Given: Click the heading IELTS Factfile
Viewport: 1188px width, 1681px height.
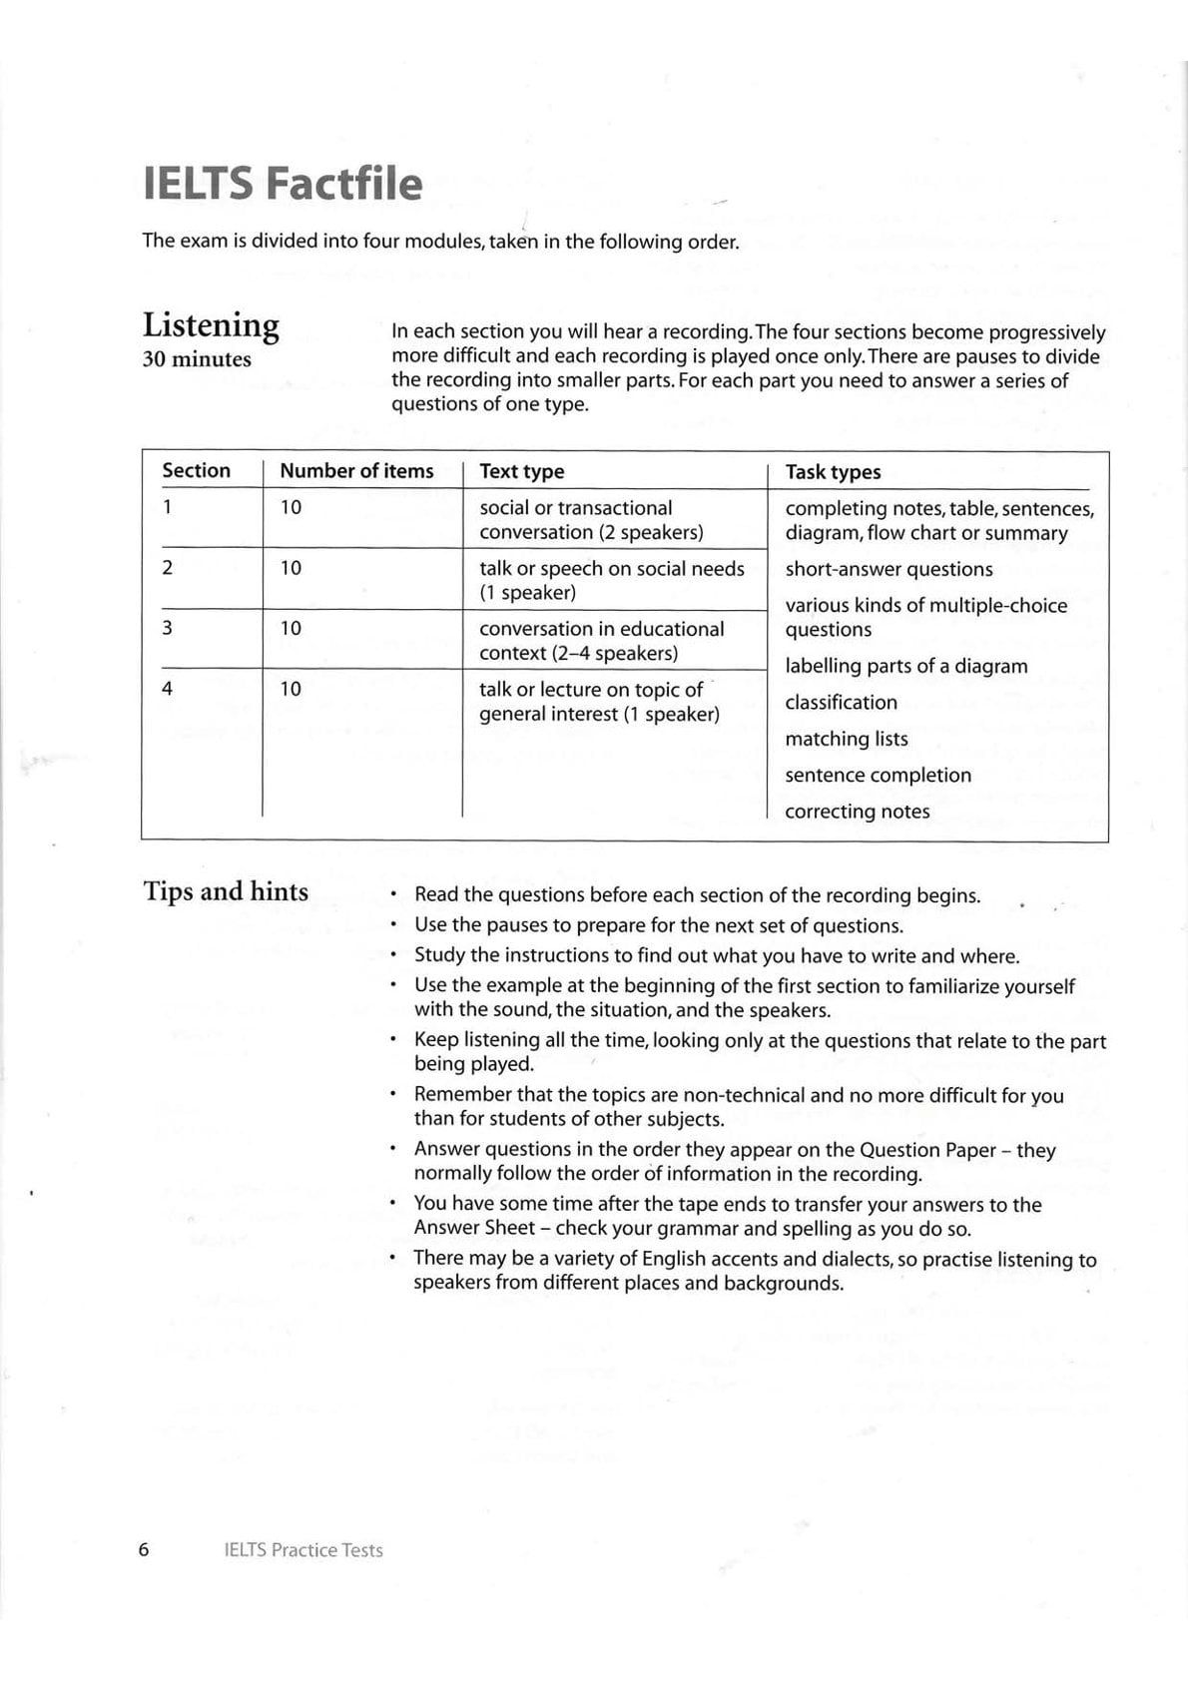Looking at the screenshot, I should (x=283, y=185).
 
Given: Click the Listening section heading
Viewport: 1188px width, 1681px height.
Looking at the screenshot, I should (x=211, y=325).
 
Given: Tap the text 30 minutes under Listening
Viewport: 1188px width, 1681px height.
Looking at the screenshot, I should (x=197, y=359).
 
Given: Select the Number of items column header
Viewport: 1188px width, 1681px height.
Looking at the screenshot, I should (x=356, y=471).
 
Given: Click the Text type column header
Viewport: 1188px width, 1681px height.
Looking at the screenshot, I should (x=521, y=472).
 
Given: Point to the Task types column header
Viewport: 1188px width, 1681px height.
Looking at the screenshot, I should (x=833, y=472).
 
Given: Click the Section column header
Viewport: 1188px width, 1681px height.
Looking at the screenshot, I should (x=196, y=471).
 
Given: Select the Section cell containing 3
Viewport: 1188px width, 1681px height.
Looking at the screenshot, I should (x=167, y=628).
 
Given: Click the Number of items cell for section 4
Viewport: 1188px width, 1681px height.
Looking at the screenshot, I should (x=291, y=689).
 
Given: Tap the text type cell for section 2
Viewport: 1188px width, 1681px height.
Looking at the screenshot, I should (x=611, y=580).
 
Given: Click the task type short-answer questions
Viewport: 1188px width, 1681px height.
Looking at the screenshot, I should (x=889, y=569).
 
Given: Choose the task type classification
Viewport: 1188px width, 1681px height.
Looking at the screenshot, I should (x=841, y=703).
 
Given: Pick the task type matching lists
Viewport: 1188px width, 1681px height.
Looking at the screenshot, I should (x=847, y=739).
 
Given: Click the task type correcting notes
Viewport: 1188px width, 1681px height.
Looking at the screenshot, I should (x=857, y=812).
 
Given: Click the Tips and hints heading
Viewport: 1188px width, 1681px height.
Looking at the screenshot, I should (x=226, y=891).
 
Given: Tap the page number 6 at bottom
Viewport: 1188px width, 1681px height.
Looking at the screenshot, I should (x=143, y=1549).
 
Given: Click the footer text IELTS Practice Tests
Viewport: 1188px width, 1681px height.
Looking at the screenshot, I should (x=303, y=1550).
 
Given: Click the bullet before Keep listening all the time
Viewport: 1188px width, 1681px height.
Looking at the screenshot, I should (x=395, y=1041).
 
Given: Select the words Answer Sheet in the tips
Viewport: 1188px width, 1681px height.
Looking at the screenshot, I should (x=474, y=1228).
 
